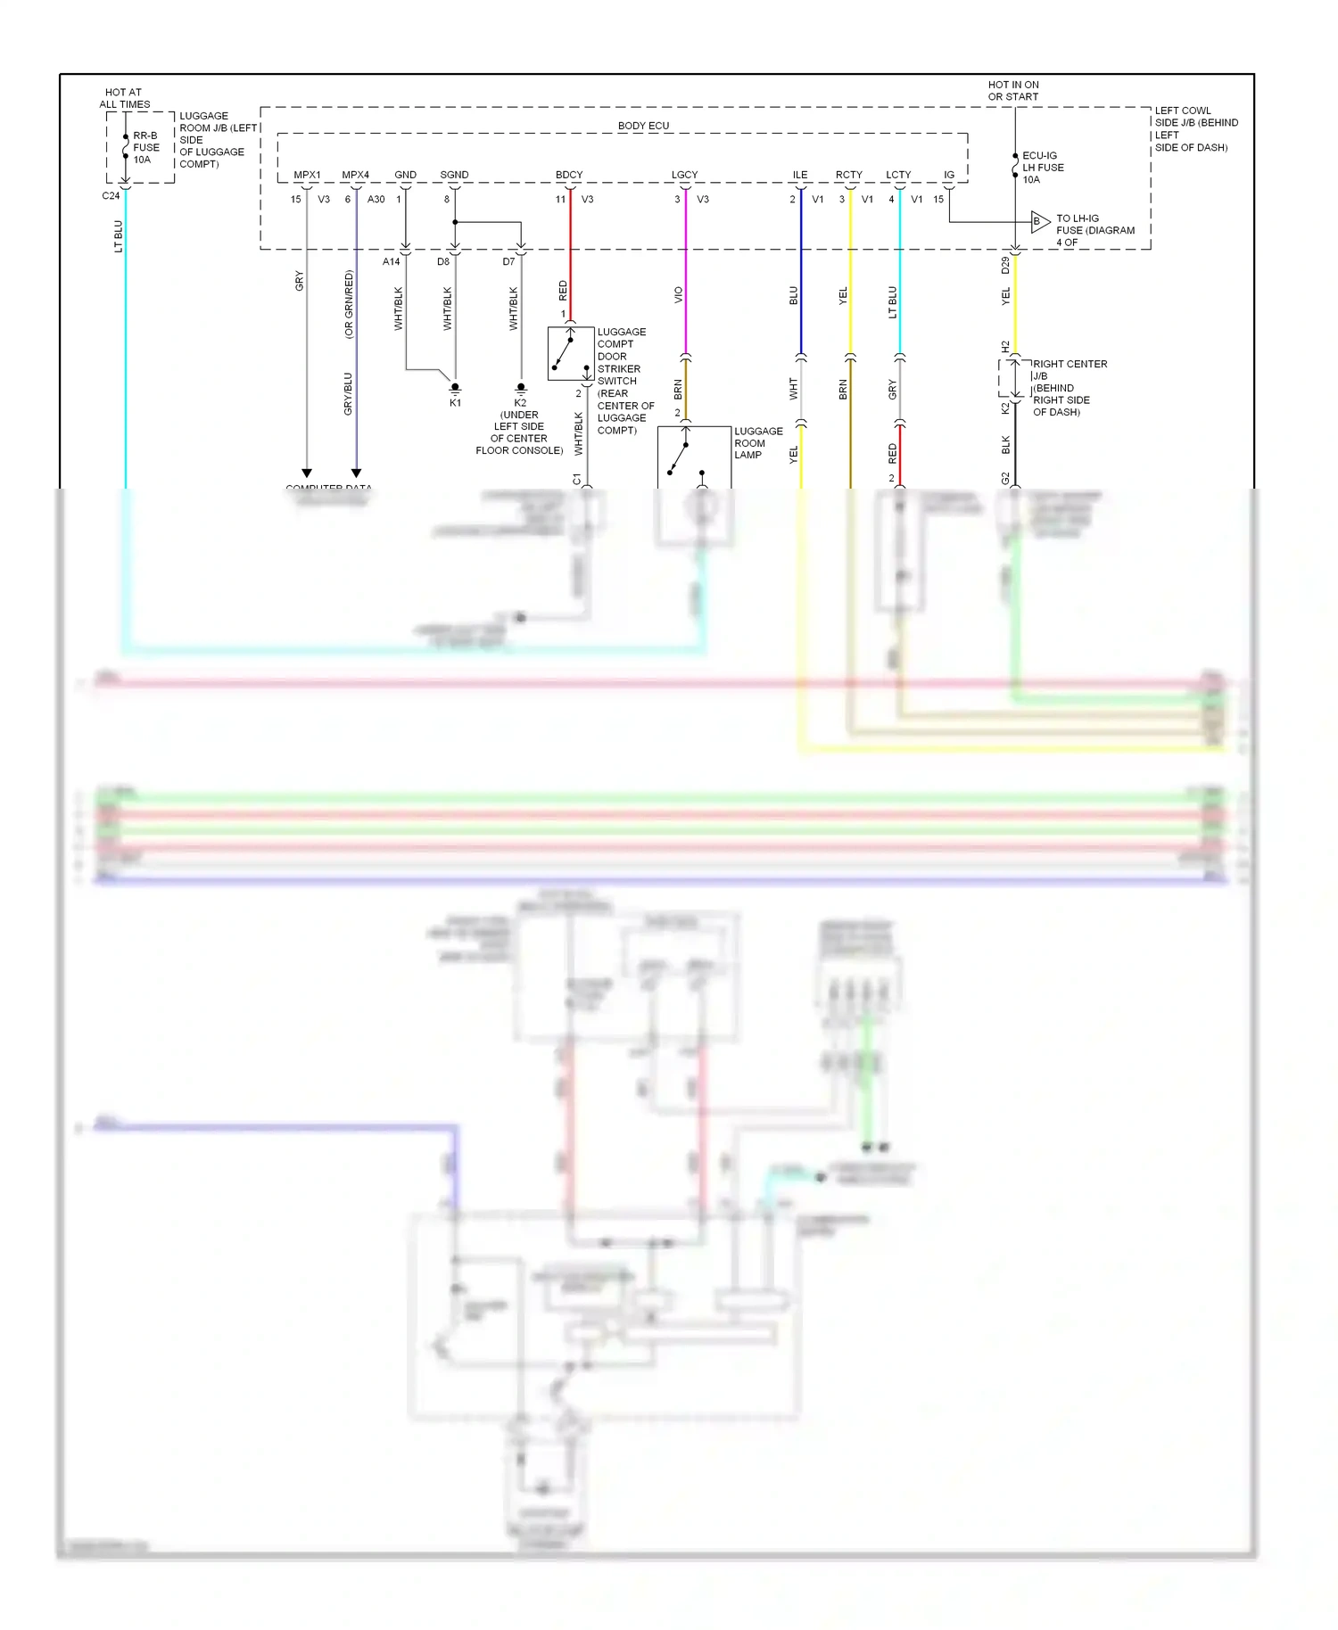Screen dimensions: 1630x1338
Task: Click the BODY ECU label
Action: [643, 126]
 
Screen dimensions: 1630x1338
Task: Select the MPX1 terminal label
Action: [307, 175]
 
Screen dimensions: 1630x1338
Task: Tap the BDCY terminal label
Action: [569, 175]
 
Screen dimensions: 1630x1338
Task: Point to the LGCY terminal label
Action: [684, 175]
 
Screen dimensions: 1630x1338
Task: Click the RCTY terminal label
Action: [849, 175]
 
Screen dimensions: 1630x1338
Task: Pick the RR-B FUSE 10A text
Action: [145, 148]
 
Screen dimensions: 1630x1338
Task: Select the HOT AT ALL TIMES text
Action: [124, 98]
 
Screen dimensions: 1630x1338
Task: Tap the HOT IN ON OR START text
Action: [1013, 91]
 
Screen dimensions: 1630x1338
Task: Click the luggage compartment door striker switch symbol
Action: [570, 353]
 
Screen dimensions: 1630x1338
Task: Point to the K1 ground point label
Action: [455, 403]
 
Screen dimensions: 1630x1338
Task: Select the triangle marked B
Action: [1039, 222]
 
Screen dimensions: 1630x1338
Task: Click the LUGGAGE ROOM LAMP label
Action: [757, 443]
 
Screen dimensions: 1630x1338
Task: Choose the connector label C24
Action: [111, 196]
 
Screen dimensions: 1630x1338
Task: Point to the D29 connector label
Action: [1005, 265]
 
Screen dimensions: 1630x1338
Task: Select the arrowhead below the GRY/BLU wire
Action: [356, 473]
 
